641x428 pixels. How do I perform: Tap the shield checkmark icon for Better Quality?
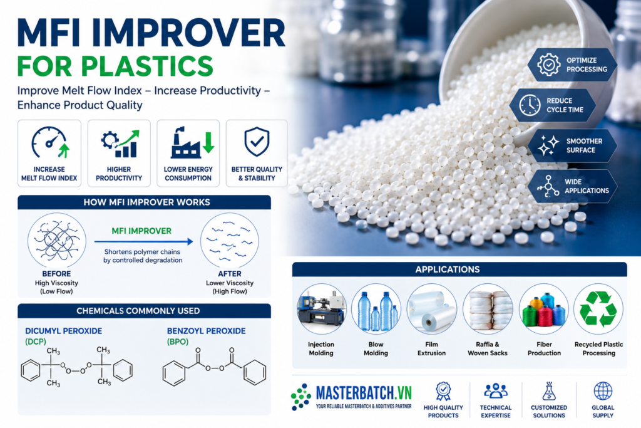257,142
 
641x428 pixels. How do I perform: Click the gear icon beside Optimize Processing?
548,65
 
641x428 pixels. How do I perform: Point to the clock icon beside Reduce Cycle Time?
530,105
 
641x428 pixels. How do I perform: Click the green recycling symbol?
598,309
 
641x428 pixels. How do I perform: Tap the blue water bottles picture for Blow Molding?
376,309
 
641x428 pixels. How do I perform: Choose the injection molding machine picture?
321,309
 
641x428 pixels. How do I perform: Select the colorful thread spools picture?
544,309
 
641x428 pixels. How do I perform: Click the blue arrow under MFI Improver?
143,241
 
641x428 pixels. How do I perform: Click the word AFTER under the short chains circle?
230,273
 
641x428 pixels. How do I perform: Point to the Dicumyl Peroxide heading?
64,331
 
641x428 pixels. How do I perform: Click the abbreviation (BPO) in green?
178,342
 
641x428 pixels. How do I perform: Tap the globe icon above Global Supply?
603,391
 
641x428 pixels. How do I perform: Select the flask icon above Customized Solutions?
548,391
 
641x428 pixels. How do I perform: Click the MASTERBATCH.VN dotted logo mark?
301,397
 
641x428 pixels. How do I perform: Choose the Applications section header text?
448,269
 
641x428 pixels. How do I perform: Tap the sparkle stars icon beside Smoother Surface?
548,145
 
